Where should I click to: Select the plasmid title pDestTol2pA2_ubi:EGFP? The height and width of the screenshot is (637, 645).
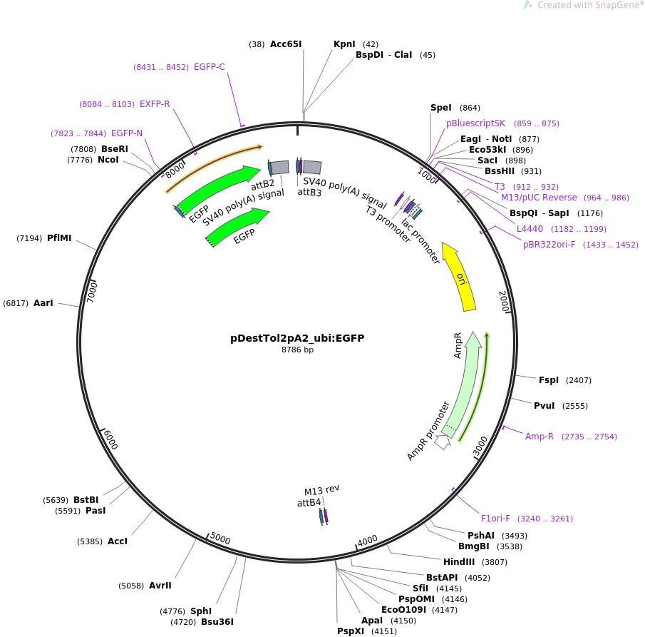[x=297, y=338]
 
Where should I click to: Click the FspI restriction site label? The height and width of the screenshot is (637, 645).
[x=549, y=380]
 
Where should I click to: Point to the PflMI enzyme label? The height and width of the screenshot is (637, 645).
[x=59, y=238]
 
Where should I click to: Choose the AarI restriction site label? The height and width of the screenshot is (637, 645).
[x=43, y=303]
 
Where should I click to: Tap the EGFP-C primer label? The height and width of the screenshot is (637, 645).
[x=210, y=67]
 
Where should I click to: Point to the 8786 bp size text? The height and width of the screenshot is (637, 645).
[x=297, y=350]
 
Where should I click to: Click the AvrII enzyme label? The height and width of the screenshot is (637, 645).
[x=160, y=586]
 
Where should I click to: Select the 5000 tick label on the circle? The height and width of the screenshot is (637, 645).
[x=220, y=540]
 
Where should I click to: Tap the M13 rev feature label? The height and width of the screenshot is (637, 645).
[x=322, y=490]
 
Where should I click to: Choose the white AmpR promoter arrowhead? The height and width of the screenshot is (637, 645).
[x=443, y=442]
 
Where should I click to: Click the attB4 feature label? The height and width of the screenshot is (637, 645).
[x=309, y=503]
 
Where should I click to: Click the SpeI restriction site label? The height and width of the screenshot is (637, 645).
[x=441, y=108]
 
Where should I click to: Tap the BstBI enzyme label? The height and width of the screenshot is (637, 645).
[x=86, y=499]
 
